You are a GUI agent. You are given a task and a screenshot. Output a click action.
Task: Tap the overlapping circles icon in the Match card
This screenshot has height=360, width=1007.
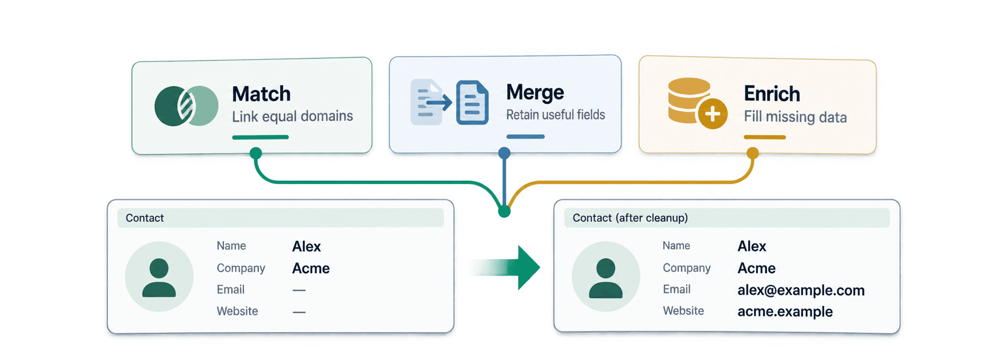tap(186, 106)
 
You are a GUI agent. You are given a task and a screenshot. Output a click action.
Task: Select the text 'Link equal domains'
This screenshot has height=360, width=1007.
tap(292, 116)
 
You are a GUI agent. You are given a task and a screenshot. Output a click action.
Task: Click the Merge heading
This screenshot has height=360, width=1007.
tap(535, 93)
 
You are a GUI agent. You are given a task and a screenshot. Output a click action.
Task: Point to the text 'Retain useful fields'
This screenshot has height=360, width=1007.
tap(556, 115)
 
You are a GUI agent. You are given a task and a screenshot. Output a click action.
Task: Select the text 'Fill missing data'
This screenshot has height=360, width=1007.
tap(795, 116)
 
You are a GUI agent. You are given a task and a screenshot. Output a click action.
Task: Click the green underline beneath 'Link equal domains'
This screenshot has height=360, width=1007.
tap(260, 137)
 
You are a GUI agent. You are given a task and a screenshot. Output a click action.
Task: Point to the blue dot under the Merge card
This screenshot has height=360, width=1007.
tap(504, 153)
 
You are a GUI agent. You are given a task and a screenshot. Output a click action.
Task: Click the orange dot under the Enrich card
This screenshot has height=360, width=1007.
tap(752, 153)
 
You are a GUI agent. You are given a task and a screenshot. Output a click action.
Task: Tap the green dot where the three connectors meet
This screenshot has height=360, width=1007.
tap(504, 211)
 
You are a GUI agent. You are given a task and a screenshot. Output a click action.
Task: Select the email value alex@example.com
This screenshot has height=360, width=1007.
tap(801, 290)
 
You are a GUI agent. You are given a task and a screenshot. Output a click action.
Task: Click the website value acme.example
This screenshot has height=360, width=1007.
tap(785, 311)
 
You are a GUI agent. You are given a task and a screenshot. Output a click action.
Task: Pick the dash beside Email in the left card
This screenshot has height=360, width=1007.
tap(299, 290)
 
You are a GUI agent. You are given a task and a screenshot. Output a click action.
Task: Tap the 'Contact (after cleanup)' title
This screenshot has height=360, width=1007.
tap(630, 218)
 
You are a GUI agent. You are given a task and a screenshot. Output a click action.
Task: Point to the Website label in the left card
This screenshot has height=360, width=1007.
tap(237, 311)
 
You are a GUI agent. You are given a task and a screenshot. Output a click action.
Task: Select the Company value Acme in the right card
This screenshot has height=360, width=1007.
tap(756, 268)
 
